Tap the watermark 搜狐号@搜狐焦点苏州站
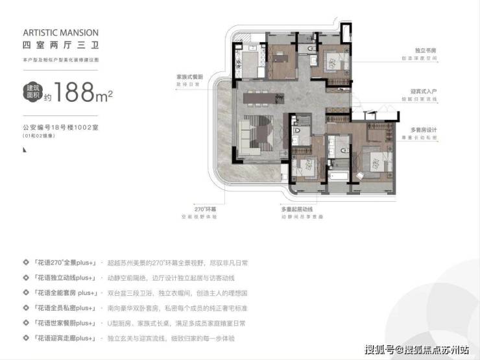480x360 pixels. pyautogui.click(x=416, y=350)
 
